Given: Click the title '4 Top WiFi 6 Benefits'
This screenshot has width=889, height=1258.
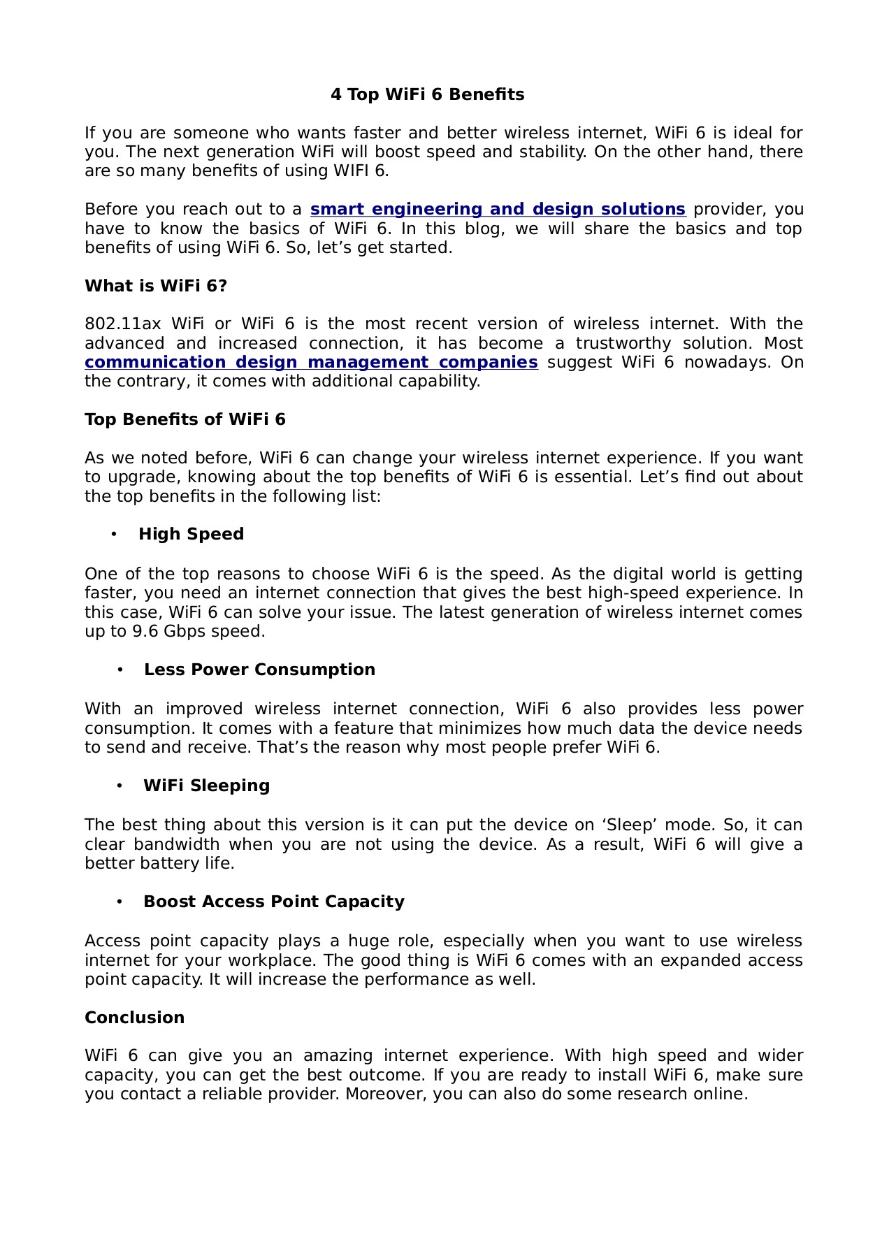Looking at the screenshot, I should point(427,95).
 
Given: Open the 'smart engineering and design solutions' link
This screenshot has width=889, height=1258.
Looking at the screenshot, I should point(498,210).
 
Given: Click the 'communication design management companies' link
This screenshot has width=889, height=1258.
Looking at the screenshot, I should point(311,363).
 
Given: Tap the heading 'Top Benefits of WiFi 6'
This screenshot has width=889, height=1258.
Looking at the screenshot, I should point(185,420).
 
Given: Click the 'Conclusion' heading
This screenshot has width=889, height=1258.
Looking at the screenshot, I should point(134,1018).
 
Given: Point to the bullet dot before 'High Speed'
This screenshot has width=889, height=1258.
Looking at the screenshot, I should point(114,535).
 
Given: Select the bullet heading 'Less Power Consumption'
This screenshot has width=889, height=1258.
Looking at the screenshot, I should point(259,670).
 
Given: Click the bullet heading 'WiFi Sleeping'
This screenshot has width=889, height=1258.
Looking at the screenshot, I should point(206,786).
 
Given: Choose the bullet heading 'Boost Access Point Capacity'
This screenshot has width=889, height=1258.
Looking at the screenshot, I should point(274,902).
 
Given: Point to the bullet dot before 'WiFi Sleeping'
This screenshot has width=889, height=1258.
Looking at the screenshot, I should point(120,786).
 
